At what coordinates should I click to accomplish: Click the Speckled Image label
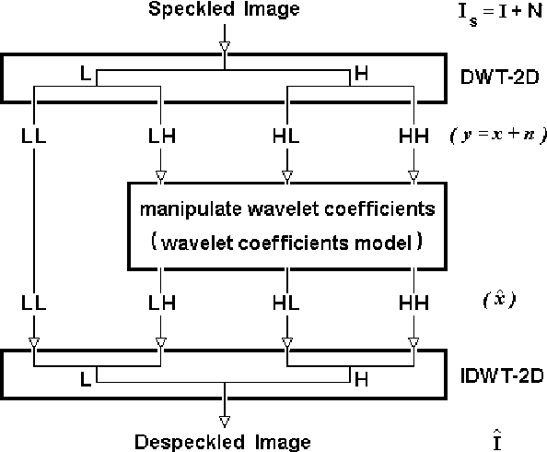(x=222, y=12)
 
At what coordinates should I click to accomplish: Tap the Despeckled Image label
(x=222, y=441)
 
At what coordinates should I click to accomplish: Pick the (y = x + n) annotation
(x=498, y=136)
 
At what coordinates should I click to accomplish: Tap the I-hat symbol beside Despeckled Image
(x=498, y=434)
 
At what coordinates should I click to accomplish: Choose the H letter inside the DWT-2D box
(x=360, y=73)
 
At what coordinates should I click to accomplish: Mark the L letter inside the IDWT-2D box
(x=87, y=378)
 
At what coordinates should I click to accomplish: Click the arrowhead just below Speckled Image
(x=222, y=46)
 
